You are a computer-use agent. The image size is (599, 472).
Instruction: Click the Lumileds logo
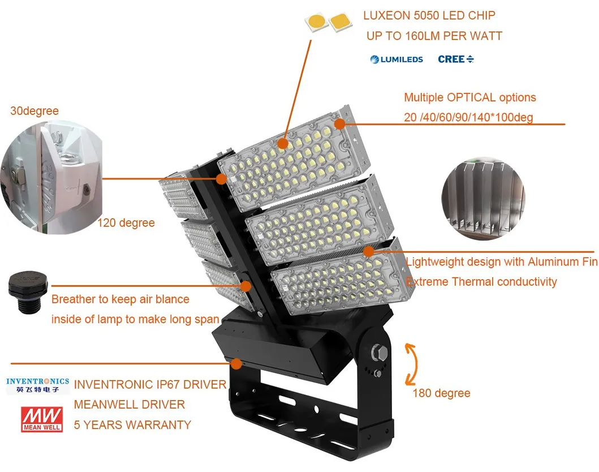tap(397, 59)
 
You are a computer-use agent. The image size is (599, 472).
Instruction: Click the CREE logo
tap(455, 59)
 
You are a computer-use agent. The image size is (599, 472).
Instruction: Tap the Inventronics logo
tap(37, 385)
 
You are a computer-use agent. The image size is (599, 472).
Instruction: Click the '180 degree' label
tap(441, 393)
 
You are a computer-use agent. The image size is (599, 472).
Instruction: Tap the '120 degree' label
tap(126, 223)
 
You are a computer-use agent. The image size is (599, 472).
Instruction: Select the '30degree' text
tap(35, 111)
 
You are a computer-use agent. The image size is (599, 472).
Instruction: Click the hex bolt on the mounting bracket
tap(376, 354)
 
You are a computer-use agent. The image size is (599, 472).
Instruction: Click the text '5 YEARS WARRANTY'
tap(132, 425)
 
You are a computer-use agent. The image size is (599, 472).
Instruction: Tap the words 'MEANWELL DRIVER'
tap(130, 405)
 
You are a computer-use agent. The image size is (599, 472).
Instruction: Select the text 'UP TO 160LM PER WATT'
tap(434, 36)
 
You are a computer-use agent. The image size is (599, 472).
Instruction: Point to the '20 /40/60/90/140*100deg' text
tap(468, 118)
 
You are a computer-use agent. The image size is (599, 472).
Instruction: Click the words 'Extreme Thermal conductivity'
tap(481, 282)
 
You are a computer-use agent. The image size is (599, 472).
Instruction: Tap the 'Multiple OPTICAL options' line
tap(469, 97)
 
